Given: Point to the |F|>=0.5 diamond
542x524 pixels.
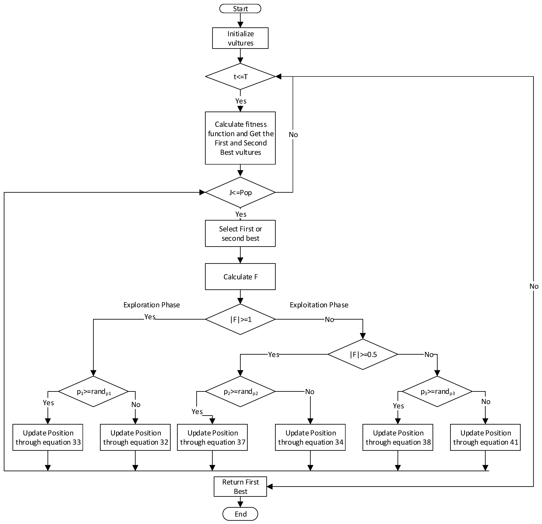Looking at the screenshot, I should point(363,354).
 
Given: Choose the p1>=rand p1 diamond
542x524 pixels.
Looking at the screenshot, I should point(93,391).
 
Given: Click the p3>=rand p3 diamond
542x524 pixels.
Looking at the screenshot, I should point(437,391).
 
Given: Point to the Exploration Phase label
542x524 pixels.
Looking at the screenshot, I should point(152,305).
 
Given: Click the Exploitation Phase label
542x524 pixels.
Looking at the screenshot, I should point(319,305).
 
